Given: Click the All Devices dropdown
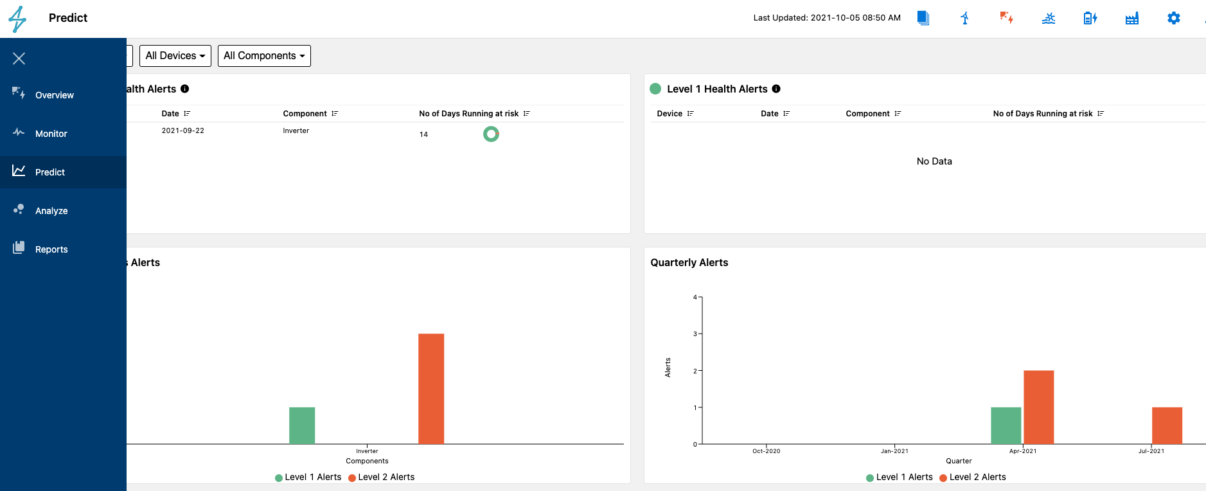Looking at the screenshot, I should click(x=175, y=56).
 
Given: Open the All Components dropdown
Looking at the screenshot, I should click(x=264, y=56).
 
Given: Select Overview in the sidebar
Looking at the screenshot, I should click(x=54, y=95).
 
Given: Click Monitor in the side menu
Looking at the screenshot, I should click(x=51, y=134).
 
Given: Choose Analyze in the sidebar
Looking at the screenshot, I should click(x=51, y=211).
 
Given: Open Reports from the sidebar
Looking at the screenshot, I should click(x=51, y=249).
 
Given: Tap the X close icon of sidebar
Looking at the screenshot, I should click(x=19, y=58).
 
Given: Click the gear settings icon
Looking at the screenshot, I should click(x=1173, y=18).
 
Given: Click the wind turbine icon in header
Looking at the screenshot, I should click(x=964, y=18).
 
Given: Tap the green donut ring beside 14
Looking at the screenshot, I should click(x=491, y=134).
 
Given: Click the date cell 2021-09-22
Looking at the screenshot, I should click(x=183, y=130).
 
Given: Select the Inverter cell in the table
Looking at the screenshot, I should click(x=296, y=130).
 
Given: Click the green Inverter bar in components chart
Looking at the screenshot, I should click(x=302, y=425).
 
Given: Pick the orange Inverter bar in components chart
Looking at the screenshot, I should click(x=431, y=389).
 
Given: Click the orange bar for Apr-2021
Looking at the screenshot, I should click(x=1038, y=407).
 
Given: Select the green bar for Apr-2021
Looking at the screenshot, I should click(x=1006, y=425).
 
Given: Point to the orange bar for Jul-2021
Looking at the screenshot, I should click(x=1167, y=425).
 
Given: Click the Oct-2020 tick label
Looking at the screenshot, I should click(x=767, y=451).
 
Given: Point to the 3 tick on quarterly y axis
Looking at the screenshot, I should click(x=695, y=334).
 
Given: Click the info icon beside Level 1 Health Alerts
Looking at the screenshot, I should click(x=776, y=89).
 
